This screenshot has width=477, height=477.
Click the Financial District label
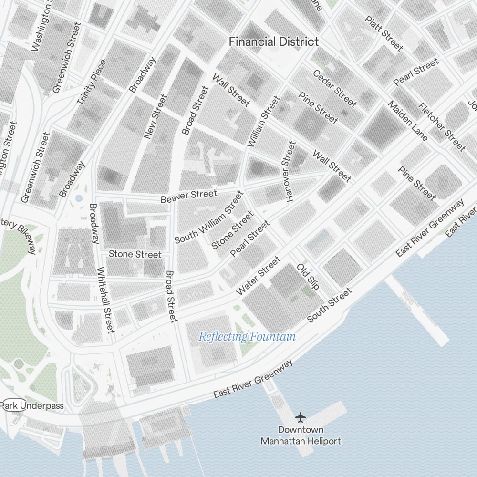273,41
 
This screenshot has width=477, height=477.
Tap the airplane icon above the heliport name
300,417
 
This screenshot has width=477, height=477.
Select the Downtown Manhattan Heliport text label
301,436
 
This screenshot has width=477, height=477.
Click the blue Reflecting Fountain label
247,337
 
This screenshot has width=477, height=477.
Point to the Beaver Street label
188,196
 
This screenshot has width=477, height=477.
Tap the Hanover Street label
289,172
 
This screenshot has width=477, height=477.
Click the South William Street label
209,218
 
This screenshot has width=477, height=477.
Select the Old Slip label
308,276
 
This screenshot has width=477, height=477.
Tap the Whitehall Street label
105,300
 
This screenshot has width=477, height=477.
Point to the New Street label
156,117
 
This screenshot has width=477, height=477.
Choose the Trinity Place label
91,83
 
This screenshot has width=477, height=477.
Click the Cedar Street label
334,88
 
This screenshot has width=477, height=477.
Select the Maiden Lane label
407,121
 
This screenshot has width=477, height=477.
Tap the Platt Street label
384,33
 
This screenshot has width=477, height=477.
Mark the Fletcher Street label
441,127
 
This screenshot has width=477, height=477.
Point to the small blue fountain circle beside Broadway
79,197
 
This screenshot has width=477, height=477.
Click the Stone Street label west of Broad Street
135,254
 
